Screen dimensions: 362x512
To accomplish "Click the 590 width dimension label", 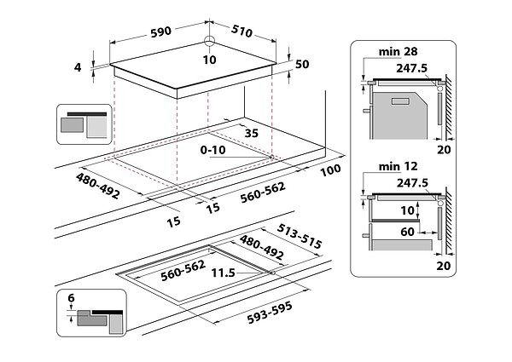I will [160, 32].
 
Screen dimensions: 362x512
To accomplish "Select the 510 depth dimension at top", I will [242, 32].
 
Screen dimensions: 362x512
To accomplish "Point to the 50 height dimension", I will [302, 65].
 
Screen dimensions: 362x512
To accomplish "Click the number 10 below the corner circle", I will [210, 59].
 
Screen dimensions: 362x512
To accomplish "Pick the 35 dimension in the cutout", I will [251, 133].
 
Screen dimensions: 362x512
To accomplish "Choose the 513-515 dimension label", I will [301, 237].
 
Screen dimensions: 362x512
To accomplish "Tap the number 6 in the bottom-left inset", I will [72, 298].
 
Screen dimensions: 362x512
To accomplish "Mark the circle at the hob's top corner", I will [210, 43].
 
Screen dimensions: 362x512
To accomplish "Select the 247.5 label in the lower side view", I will [413, 182].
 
